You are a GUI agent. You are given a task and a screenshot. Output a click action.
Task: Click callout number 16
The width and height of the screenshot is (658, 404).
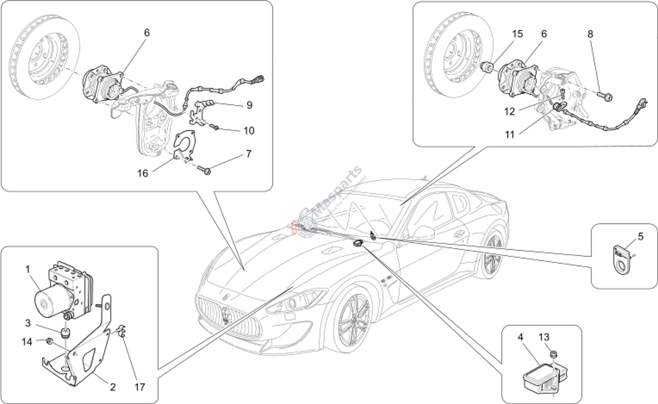pyautogui.click(x=143, y=173)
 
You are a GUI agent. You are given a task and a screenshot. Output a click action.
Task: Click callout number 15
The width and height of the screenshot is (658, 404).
pyautogui.click(x=517, y=34)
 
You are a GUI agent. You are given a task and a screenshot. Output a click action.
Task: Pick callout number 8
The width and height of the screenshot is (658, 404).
pyautogui.click(x=590, y=34)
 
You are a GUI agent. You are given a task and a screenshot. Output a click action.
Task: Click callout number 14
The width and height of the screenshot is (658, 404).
pyautogui.click(x=27, y=342)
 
